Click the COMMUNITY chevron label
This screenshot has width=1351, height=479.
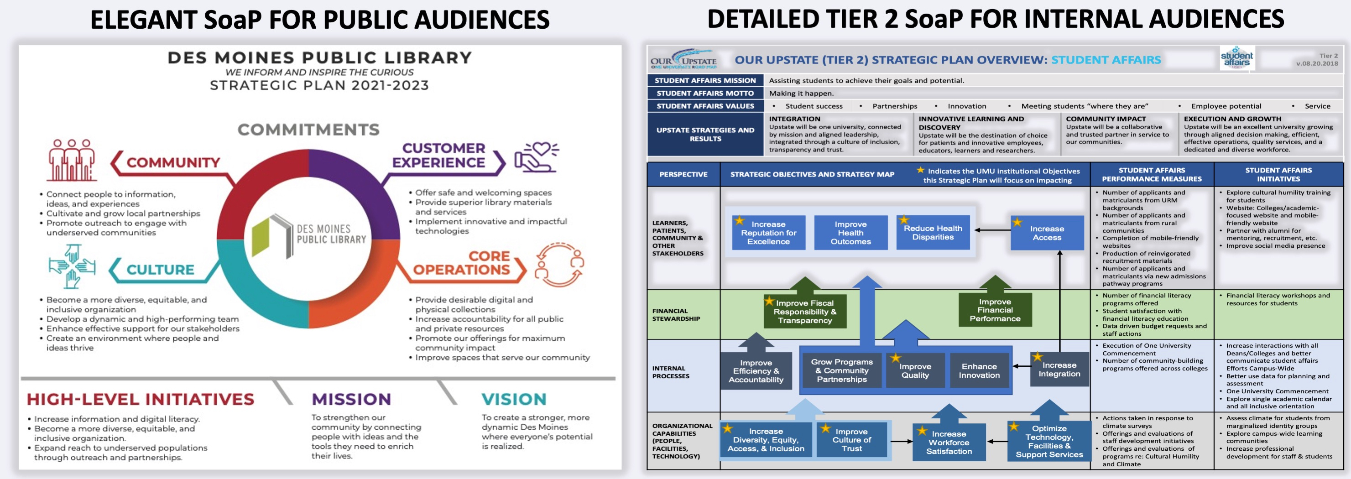172,163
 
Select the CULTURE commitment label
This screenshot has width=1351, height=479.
160,270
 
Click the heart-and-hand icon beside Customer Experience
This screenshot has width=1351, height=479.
536,156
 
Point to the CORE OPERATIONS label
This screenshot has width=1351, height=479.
462,263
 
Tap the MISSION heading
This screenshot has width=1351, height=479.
351,399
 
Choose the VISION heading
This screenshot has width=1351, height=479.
514,399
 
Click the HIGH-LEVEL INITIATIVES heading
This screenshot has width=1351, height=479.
141,399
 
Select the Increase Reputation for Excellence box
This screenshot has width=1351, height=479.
768,232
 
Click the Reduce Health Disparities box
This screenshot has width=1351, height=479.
933,232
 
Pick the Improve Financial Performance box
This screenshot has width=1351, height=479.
995,310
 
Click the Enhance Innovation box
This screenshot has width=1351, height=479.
979,370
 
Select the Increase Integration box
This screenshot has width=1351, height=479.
1059,370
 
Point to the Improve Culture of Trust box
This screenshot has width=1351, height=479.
851,440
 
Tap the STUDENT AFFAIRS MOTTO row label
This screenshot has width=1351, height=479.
705,94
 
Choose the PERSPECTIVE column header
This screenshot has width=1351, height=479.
683,174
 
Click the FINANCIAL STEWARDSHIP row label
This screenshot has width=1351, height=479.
676,314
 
